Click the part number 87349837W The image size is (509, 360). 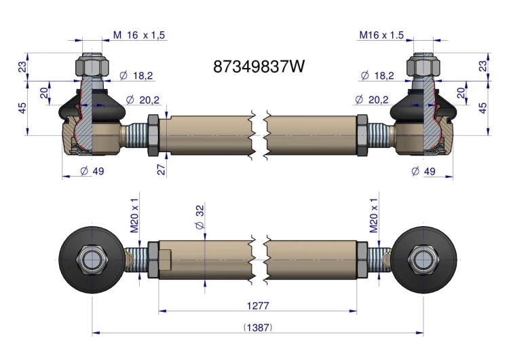click(259, 67)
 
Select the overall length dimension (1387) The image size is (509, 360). click(258, 327)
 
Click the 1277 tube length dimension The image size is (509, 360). click(258, 306)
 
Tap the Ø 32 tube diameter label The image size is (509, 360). click(200, 217)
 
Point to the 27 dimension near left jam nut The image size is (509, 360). click(162, 168)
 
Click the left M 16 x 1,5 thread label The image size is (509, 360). click(139, 35)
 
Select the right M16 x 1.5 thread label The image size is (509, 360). click(381, 35)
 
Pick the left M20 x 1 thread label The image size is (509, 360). click(134, 215)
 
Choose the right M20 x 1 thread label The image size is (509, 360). click(374, 215)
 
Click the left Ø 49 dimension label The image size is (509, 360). click(92, 171)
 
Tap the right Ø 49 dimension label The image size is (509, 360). click(423, 171)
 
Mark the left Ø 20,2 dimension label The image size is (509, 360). click(143, 100)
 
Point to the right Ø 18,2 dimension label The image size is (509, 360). click(377, 75)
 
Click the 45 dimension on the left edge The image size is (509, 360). click(22, 108)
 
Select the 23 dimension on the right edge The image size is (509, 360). click(483, 66)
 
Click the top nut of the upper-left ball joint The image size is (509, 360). click(92, 66)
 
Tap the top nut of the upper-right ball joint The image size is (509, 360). click(423, 66)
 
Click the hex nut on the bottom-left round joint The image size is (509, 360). click(92, 260)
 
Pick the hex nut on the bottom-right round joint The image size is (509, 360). click(423, 260)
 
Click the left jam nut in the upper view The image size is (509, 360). click(153, 135)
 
